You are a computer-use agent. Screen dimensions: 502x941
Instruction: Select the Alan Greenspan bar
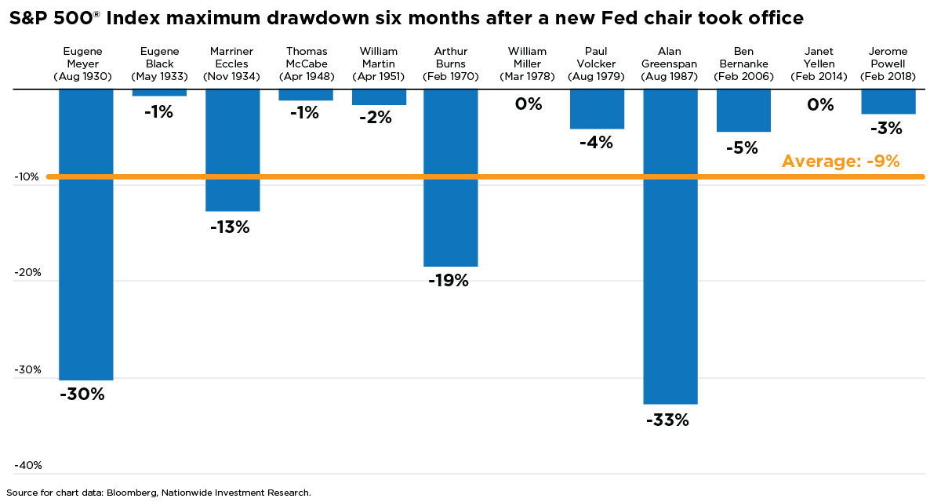tap(670, 246)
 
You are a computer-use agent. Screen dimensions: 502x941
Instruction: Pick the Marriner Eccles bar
tap(233, 150)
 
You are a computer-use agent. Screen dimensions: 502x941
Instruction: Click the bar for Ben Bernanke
tap(743, 111)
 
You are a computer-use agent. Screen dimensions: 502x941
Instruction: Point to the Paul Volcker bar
tap(597, 109)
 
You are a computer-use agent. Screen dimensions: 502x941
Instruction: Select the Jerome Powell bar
tap(888, 102)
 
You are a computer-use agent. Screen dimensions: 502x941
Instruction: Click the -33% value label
tap(667, 420)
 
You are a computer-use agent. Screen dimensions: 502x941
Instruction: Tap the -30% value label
tap(82, 395)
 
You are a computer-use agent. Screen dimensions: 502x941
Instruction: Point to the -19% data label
tap(449, 281)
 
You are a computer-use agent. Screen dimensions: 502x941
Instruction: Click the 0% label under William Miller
tap(529, 104)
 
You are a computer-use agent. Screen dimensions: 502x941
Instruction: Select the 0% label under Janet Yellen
tap(820, 104)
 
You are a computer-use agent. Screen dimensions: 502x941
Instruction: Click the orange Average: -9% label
tap(840, 162)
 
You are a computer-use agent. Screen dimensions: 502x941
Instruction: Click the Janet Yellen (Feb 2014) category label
tap(820, 64)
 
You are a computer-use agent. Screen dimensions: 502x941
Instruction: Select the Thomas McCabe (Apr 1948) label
tap(306, 64)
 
